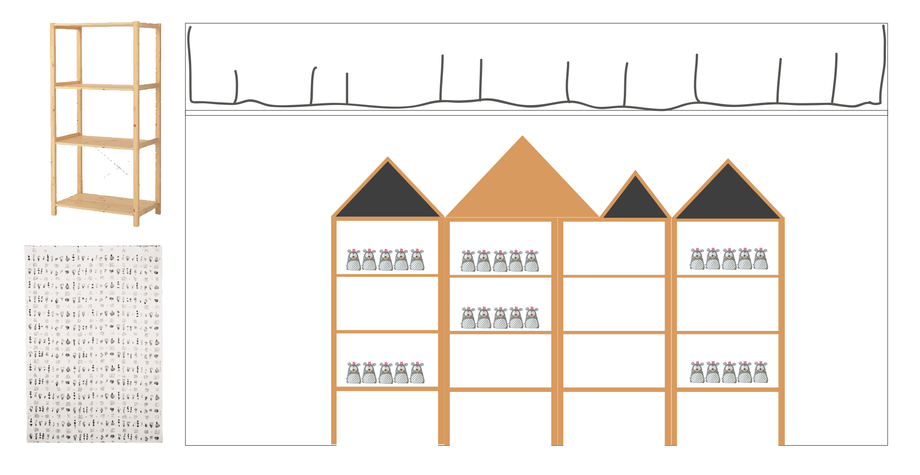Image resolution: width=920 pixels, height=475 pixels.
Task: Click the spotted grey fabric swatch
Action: pos(94,344)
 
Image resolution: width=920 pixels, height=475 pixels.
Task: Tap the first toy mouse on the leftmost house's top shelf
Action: pos(354,260)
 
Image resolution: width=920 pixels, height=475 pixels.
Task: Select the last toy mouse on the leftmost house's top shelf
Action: pos(417,260)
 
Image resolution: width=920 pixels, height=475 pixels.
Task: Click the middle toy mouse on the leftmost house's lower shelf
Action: pos(386,373)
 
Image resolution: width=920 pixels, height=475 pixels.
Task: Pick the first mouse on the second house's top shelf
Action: pos(468,261)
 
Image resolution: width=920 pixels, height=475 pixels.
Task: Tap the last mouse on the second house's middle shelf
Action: pos(532,318)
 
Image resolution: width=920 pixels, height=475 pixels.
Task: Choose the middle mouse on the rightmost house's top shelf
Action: pos(729,259)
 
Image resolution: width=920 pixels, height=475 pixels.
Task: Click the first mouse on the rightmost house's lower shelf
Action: pos(697,372)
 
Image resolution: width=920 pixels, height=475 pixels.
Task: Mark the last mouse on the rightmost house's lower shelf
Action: pos(761,372)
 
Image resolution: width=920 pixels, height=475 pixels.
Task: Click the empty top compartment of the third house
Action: pos(614,248)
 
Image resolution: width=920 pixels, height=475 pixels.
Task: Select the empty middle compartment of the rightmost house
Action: pos(728,304)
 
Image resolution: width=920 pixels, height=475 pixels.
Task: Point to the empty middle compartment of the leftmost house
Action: pos(387,303)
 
